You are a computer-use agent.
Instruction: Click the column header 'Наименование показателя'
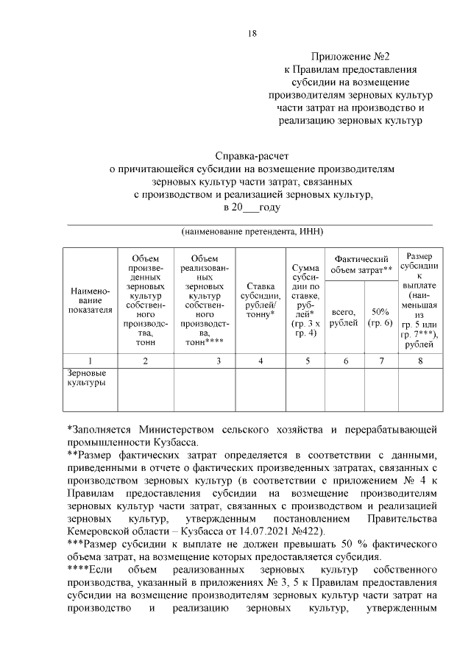point(90,300)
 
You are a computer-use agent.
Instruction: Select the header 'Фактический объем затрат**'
point(361,264)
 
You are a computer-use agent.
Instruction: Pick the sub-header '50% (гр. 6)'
point(380,317)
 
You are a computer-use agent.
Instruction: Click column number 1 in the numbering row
point(90,361)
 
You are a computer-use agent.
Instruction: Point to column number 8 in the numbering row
point(419,361)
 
